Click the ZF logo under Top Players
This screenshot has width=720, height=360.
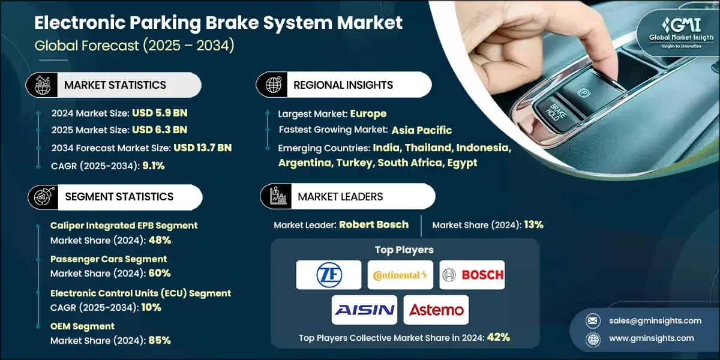coord(329,275)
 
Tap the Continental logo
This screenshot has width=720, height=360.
coord(400,275)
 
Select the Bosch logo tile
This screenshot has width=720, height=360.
coord(472,275)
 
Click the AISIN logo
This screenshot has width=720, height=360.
coord(364,310)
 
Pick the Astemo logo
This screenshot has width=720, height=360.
coord(436,310)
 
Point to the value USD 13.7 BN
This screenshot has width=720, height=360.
coord(203,148)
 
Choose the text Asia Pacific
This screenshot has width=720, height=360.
coord(422,130)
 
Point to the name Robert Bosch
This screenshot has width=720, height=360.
coord(374,224)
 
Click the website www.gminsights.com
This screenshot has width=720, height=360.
coord(653,338)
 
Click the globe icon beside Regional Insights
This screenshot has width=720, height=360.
coord(273,85)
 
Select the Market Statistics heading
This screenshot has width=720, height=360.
coord(115,85)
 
